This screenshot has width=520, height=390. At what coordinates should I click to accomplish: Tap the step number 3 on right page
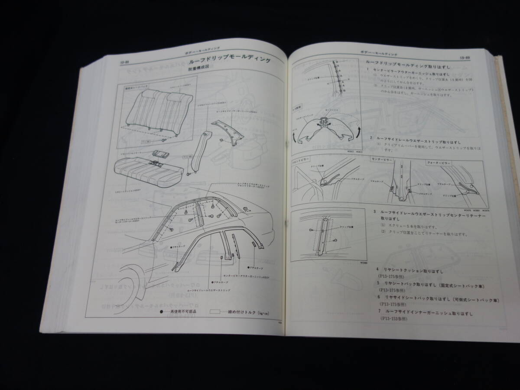[x=374, y=212]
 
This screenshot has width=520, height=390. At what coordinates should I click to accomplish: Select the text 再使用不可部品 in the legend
[x=182, y=311]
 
